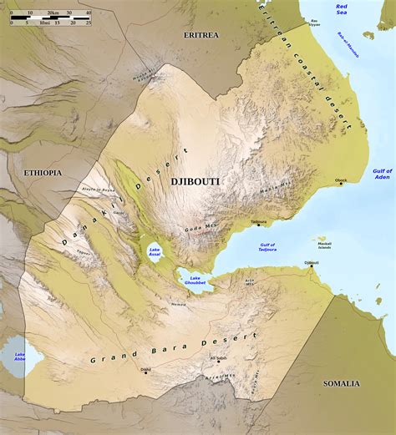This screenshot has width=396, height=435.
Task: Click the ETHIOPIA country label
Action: (42, 172)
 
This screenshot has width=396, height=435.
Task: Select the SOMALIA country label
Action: (341, 383)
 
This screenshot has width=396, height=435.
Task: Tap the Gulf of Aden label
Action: (382, 173)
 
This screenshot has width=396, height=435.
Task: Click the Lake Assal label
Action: (155, 252)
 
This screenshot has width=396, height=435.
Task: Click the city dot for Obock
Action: (341, 183)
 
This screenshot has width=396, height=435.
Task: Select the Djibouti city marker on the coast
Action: (312, 266)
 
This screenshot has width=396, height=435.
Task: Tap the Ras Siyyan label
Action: (315, 22)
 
